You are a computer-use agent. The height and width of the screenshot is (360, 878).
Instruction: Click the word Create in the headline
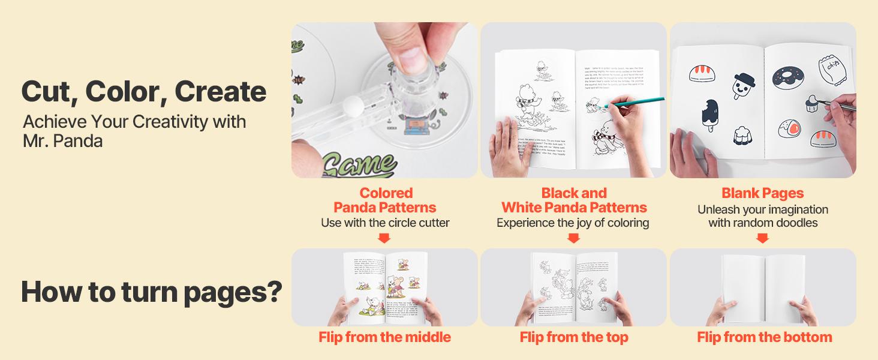220,91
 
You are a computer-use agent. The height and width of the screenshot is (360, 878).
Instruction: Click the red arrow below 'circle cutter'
384,238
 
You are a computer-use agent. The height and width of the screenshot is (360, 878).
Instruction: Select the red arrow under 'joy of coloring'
573,238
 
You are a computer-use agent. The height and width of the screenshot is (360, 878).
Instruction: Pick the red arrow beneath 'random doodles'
762,238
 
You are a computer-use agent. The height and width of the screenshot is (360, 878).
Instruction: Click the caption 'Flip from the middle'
384,337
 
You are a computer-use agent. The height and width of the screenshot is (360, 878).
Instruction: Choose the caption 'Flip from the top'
573,337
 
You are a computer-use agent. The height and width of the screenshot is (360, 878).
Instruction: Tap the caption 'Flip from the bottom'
764,337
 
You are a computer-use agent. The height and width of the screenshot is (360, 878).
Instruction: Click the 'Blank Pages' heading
762,193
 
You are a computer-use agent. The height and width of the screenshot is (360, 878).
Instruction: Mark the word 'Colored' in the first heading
386,193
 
